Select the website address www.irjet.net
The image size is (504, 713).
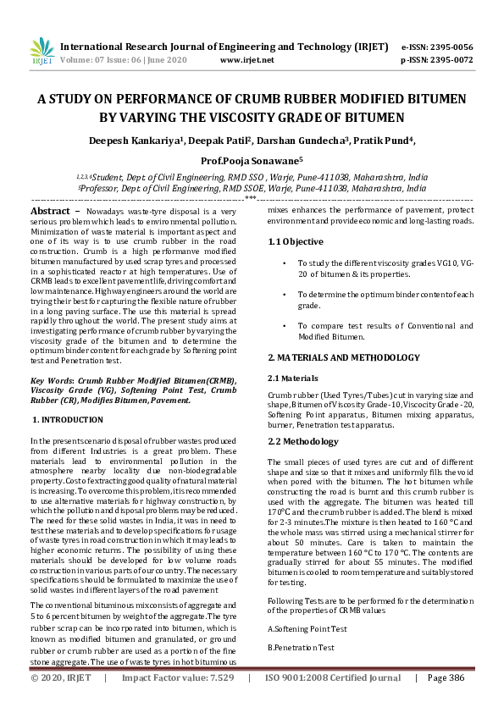point(246,60)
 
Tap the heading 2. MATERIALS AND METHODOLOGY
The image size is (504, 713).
point(343,358)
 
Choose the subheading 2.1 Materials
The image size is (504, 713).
point(294,378)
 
